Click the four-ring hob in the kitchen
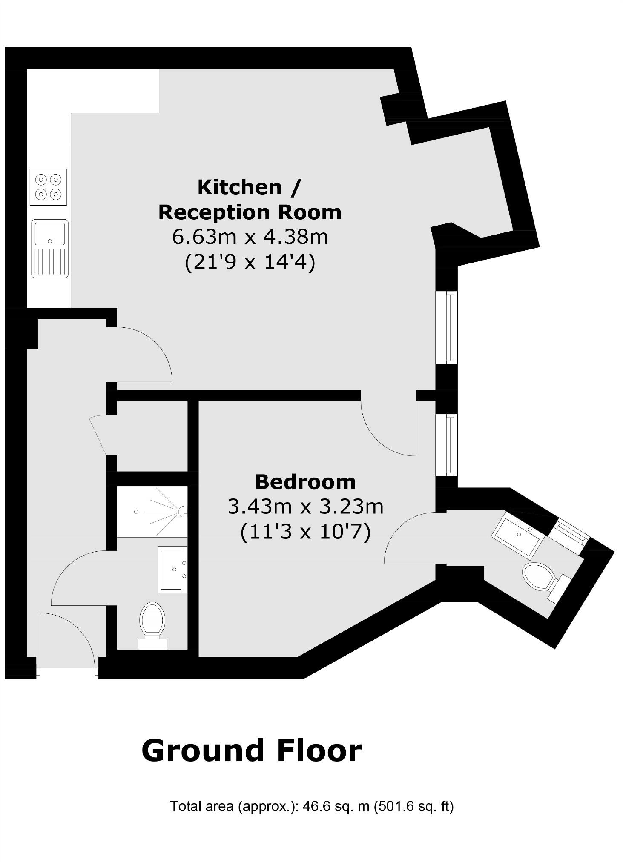(48, 187)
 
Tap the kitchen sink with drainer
(50, 249)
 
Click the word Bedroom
(305, 482)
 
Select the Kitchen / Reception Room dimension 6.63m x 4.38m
(250, 237)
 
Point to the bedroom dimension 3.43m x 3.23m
(305, 507)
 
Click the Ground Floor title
(251, 750)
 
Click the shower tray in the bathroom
(152, 511)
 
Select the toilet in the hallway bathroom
(152, 622)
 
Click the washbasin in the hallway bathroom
(172, 569)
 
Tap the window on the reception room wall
(446, 327)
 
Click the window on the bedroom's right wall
(446, 445)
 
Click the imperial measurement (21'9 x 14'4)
(250, 263)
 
